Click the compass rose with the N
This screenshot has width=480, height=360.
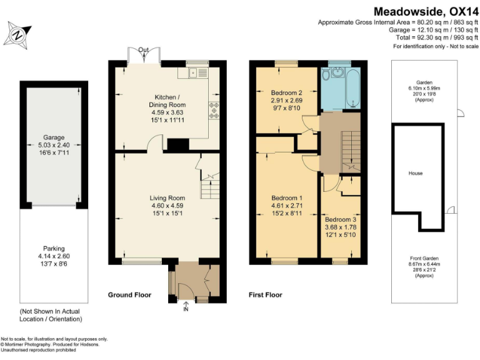pyautogui.click(x=17, y=35)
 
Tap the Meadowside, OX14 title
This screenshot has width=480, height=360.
pyautogui.click(x=426, y=12)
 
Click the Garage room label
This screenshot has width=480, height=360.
pyautogui.click(x=54, y=137)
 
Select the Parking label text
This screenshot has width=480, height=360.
pyautogui.click(x=54, y=249)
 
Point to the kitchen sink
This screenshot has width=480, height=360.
pyautogui.click(x=198, y=73)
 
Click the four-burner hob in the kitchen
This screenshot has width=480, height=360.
pyautogui.click(x=214, y=110)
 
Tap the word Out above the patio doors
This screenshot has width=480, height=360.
pyautogui.click(x=143, y=50)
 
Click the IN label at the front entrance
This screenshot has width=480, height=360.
pyautogui.click(x=186, y=309)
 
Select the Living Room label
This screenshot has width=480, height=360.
pyautogui.click(x=167, y=198)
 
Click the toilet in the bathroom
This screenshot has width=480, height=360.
pyautogui.click(x=326, y=74)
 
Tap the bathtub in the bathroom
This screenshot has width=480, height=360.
pyautogui.click(x=353, y=88)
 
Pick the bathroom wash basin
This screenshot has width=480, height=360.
pyautogui.click(x=337, y=72)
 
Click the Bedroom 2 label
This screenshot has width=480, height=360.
pyautogui.click(x=287, y=92)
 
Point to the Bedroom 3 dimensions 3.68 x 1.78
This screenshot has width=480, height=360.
pyautogui.click(x=341, y=227)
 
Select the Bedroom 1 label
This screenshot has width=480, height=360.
pyautogui.click(x=287, y=198)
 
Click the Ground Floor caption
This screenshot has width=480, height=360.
pyautogui.click(x=129, y=295)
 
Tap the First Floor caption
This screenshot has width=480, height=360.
pyautogui.click(x=266, y=295)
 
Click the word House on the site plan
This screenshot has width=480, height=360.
pyautogui.click(x=416, y=173)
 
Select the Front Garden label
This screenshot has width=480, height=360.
pyautogui.click(x=424, y=258)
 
